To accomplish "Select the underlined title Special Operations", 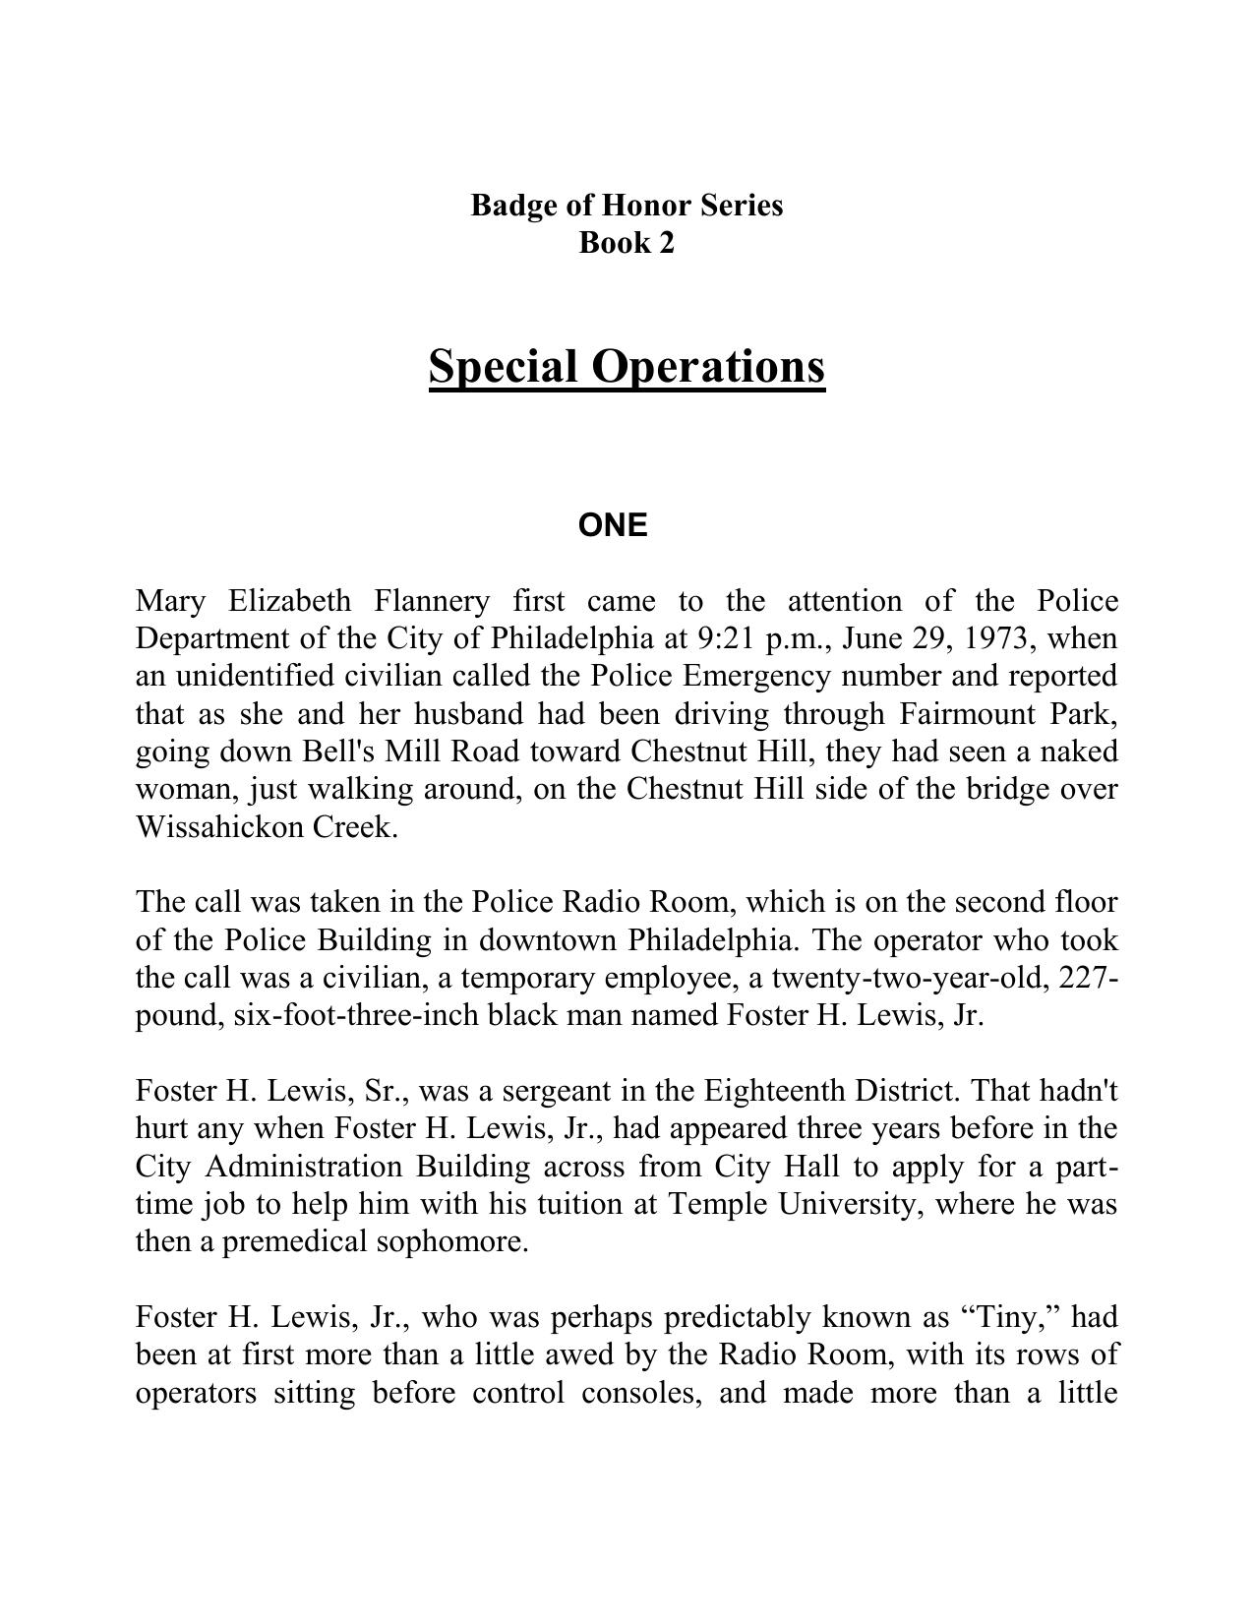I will (x=627, y=367).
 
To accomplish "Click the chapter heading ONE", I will (x=613, y=526).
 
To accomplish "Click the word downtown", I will (x=548, y=940).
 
